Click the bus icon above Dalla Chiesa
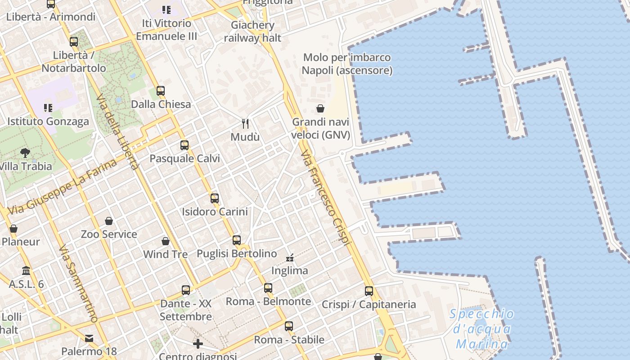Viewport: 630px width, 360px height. [x=161, y=91]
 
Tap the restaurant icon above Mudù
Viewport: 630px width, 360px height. [x=245, y=123]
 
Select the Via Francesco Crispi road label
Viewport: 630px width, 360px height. [x=325, y=198]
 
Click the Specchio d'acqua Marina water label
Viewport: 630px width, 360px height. [x=481, y=329]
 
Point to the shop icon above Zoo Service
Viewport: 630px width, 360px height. [x=109, y=221]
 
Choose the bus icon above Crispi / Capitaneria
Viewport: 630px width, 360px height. [x=369, y=291]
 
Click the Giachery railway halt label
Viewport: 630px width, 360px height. [x=252, y=31]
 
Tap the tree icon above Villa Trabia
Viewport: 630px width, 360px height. [x=25, y=153]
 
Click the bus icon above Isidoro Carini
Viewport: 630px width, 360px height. [x=215, y=198]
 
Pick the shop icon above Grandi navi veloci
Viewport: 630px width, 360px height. [x=320, y=108]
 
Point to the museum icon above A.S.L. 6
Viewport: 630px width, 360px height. [x=26, y=271]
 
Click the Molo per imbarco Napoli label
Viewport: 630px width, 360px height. [x=347, y=64]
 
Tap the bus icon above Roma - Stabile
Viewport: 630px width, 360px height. [x=289, y=326]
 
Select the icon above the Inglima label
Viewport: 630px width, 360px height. [x=290, y=258]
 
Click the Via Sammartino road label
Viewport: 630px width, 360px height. [x=78, y=283]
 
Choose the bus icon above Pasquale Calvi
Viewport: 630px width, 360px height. [x=184, y=145]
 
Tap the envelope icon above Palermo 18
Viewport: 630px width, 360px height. [x=89, y=338]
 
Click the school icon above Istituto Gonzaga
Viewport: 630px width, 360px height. [x=48, y=108]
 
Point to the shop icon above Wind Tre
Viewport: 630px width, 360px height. [x=166, y=241]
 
